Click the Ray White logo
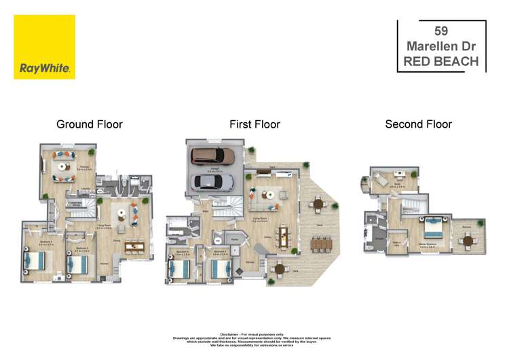click(x=44, y=47)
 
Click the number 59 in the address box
click(x=441, y=31)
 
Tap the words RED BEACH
click(x=441, y=61)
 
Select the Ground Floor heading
click(x=89, y=124)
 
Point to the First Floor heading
click(x=254, y=124)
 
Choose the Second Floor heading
click(x=418, y=124)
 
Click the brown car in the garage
click(x=213, y=156)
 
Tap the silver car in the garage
click(x=213, y=181)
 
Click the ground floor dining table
click(x=134, y=246)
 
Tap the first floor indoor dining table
click(x=284, y=237)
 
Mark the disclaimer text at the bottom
click(x=254, y=340)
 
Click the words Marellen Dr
click(x=441, y=46)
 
